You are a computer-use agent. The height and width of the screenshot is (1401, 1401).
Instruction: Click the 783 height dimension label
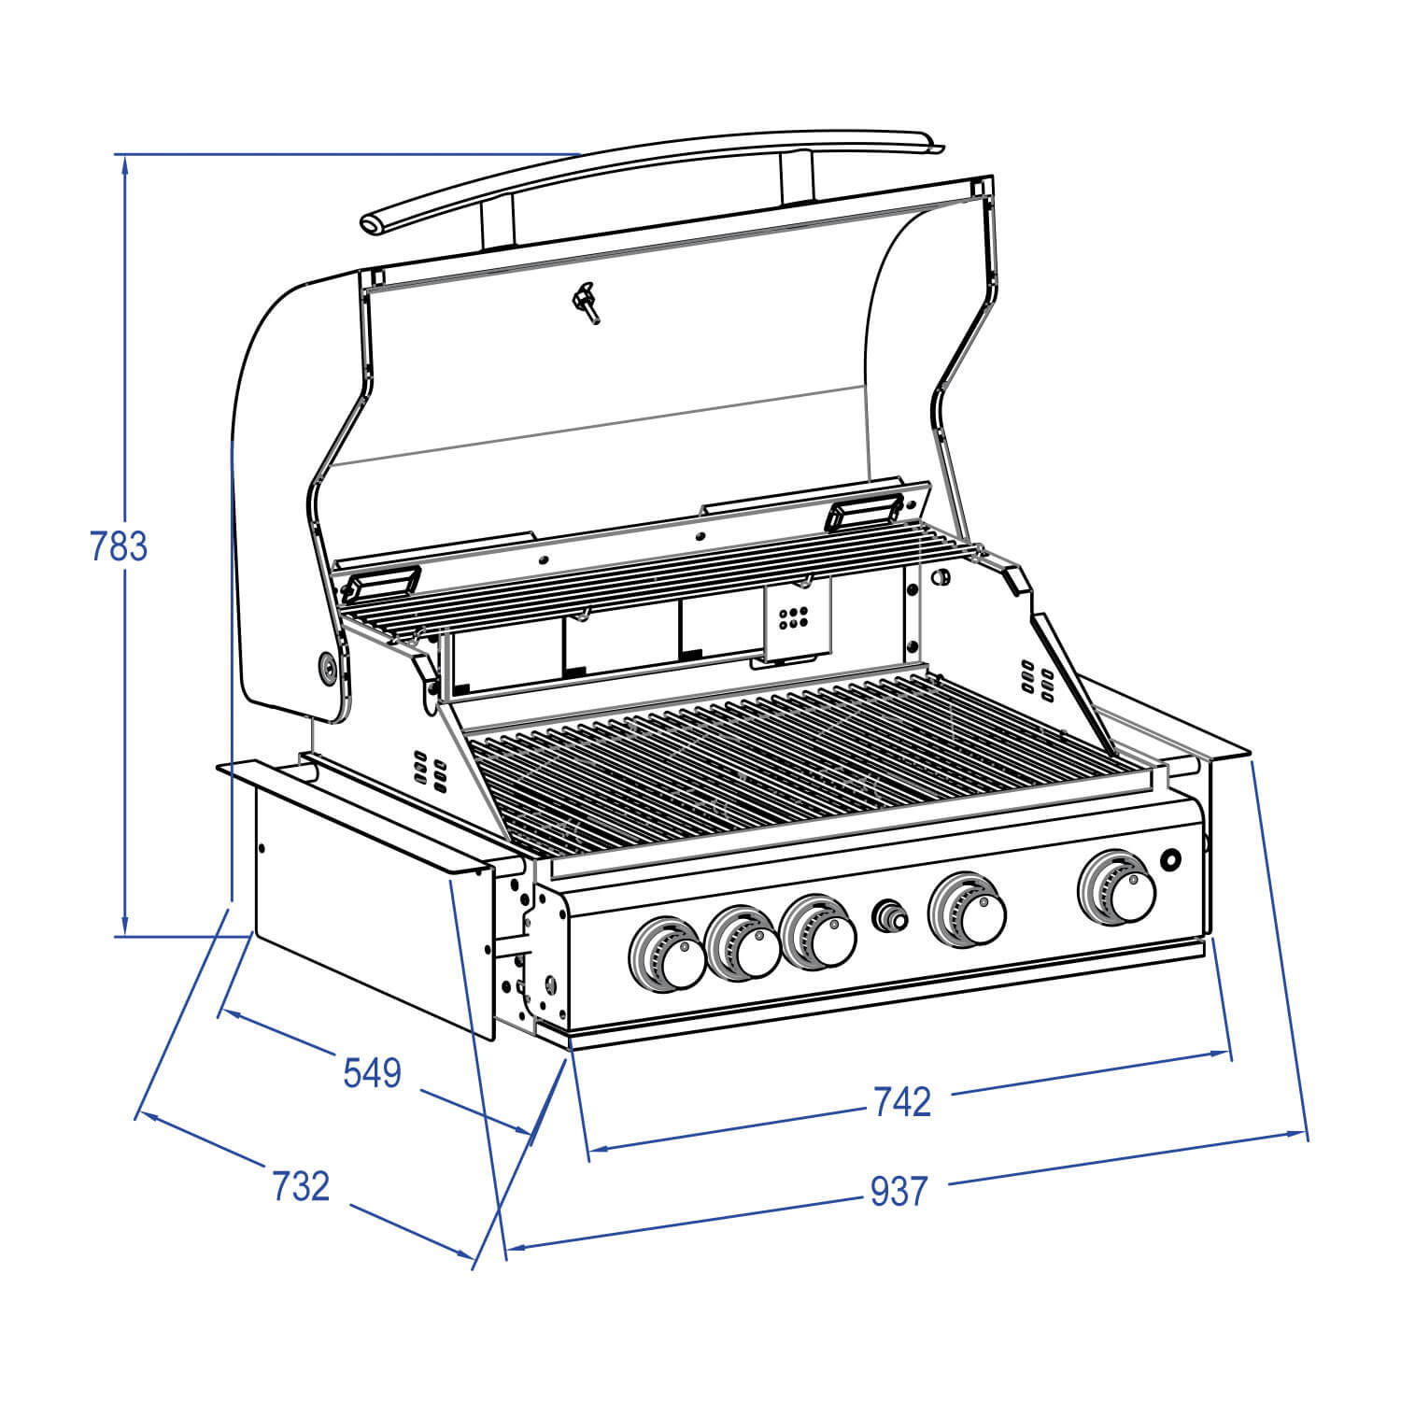point(119,546)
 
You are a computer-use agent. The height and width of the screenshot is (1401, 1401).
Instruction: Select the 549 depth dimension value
point(372,1073)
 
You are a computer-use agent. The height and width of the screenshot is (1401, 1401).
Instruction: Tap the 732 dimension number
point(301,1186)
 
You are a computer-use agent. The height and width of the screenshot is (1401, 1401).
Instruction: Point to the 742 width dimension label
point(901,1102)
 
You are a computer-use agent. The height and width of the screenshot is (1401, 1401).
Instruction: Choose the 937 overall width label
point(899,1192)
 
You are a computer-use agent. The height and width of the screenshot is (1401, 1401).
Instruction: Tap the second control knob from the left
point(744,943)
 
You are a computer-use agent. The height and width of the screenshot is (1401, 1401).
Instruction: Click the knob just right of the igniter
point(969,908)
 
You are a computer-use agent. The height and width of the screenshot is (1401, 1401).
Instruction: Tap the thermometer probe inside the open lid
point(587,303)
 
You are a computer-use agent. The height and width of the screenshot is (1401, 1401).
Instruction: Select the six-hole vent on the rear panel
point(793,616)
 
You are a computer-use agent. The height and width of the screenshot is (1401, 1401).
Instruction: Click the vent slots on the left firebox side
point(429,771)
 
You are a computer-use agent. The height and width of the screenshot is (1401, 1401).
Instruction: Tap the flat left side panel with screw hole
point(364,906)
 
